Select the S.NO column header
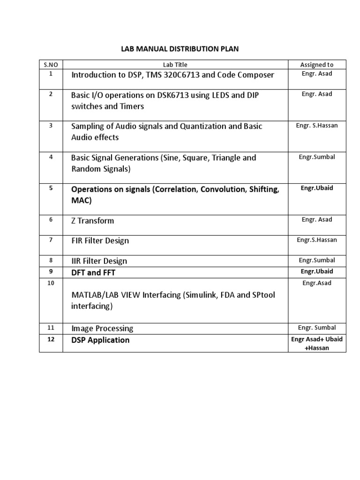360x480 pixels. pyautogui.click(x=51, y=65)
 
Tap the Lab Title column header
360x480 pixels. pyautogui.click(x=175, y=65)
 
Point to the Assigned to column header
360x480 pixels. pyautogui.click(x=317, y=65)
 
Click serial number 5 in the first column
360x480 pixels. pyautogui.click(x=51, y=188)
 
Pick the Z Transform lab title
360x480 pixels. pyautogui.click(x=92, y=220)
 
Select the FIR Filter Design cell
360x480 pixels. pyautogui.click(x=100, y=240)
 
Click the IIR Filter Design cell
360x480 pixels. pyautogui.click(x=99, y=261)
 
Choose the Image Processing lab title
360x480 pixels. pyautogui.click(x=102, y=329)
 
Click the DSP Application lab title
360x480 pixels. pyautogui.click(x=100, y=340)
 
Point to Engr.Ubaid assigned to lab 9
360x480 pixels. pyautogui.click(x=317, y=271)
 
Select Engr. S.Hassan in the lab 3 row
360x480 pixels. pyautogui.click(x=317, y=126)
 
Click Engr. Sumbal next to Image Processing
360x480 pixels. pyautogui.click(x=317, y=328)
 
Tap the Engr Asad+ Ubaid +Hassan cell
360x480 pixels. pyautogui.click(x=317, y=344)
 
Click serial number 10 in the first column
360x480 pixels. pyautogui.click(x=51, y=283)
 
